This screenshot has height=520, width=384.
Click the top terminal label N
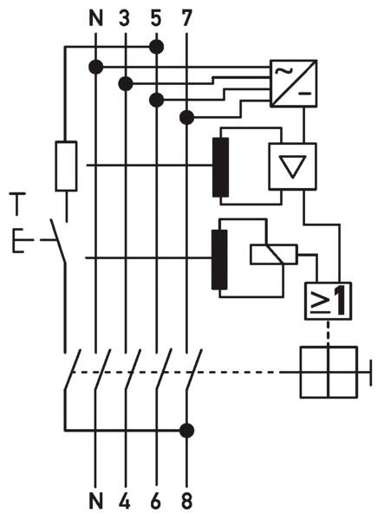click(x=96, y=18)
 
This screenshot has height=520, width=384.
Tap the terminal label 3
click(x=124, y=18)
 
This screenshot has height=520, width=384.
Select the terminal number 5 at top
click(x=155, y=18)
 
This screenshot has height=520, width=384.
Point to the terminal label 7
click(x=186, y=18)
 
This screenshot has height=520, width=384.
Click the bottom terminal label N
click(x=96, y=501)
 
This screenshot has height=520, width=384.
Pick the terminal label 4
click(x=124, y=501)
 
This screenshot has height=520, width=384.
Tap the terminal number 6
click(x=155, y=501)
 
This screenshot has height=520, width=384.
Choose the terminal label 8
click(x=187, y=501)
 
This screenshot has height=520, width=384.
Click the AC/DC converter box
click(x=294, y=83)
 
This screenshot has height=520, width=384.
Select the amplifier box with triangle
click(x=292, y=166)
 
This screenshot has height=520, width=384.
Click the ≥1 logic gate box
click(x=328, y=301)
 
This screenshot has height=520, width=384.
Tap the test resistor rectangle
click(x=67, y=166)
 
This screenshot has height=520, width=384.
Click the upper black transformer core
click(x=221, y=167)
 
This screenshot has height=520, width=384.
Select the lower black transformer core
click(x=219, y=260)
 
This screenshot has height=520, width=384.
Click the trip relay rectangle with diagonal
click(x=274, y=254)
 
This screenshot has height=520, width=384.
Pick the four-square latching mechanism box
click(x=329, y=372)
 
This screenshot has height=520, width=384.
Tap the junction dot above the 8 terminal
click(x=186, y=431)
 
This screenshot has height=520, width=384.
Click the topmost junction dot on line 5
click(x=157, y=47)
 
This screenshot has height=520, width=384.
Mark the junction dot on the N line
click(x=96, y=68)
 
